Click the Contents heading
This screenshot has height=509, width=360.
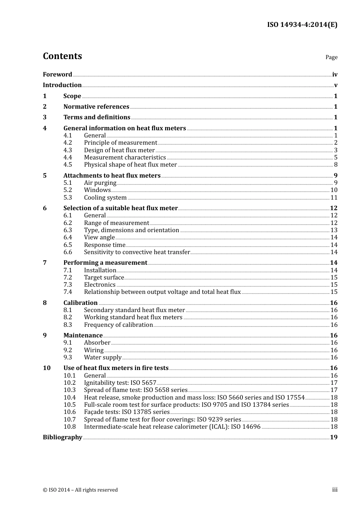pyautogui.click(x=62, y=56)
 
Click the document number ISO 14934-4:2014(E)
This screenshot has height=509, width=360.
pyautogui.click(x=302, y=25)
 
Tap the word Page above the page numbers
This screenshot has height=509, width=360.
pyautogui.click(x=331, y=57)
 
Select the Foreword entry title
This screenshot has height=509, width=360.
pyautogui.click(x=57, y=75)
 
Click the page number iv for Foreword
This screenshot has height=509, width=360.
pyautogui.click(x=335, y=75)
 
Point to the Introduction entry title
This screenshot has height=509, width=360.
pyautogui.click(x=62, y=85)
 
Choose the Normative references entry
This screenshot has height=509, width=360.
pyautogui.click(x=96, y=107)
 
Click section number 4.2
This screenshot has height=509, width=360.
pyautogui.click(x=67, y=143)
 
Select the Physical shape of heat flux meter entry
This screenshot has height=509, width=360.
pyautogui.click(x=130, y=165)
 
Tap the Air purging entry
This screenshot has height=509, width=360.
pyautogui.click(x=100, y=183)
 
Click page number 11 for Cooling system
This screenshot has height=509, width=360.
pyautogui.click(x=334, y=198)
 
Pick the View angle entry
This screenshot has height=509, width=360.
pyautogui.click(x=99, y=237)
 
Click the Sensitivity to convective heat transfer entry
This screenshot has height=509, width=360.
pyautogui.click(x=137, y=252)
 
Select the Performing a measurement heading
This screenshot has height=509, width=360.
pyautogui.click(x=105, y=263)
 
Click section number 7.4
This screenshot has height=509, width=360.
pyautogui.click(x=67, y=292)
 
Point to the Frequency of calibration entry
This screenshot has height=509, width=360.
pyautogui.click(x=118, y=325)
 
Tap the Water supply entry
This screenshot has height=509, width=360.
pyautogui.click(x=103, y=358)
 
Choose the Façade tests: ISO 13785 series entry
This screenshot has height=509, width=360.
pyautogui.click(x=127, y=412)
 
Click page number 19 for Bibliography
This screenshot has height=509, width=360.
pyautogui.click(x=333, y=437)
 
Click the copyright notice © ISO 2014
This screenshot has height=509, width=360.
pyautogui.click(x=80, y=490)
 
